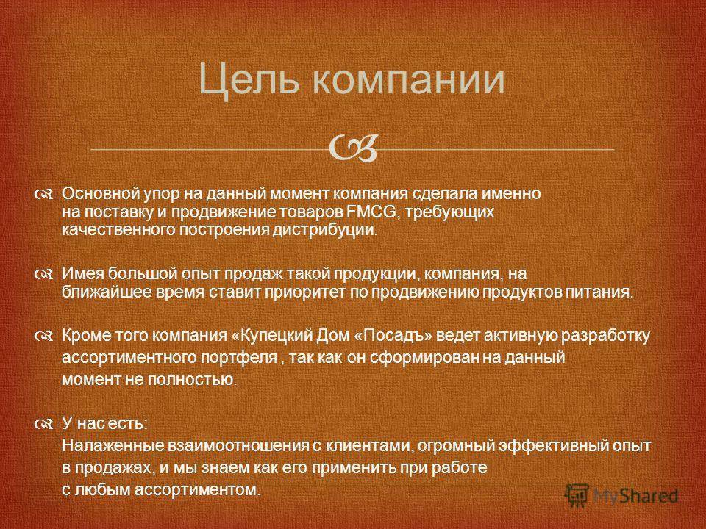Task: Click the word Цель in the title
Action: (x=249, y=80)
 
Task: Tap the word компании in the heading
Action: (x=408, y=79)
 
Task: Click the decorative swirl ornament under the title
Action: (x=353, y=147)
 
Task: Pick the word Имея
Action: (x=83, y=273)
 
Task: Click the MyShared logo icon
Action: (x=577, y=496)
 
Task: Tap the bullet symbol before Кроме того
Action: (x=44, y=336)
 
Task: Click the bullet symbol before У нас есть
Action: (x=44, y=424)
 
